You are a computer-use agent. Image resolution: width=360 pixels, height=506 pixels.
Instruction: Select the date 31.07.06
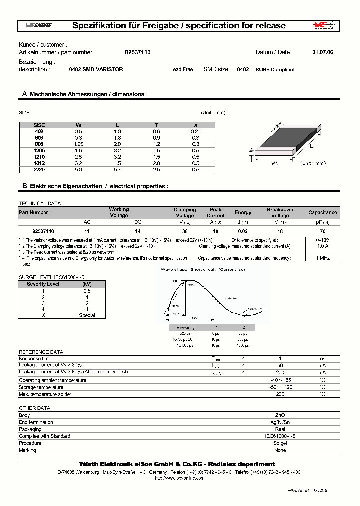(322, 52)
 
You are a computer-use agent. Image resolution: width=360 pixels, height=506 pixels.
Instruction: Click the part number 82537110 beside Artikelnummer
(134, 52)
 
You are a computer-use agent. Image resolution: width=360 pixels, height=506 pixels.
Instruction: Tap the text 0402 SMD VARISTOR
(96, 70)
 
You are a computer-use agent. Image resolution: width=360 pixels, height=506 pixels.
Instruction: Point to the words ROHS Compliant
(275, 70)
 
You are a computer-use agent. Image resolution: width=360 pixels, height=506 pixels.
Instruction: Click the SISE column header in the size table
(39, 125)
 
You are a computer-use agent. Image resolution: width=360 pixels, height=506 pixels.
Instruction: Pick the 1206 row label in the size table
(39, 150)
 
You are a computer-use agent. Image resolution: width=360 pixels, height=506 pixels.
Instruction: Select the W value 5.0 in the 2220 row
(78, 170)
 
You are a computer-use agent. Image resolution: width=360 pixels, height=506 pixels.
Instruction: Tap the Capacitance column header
(322, 213)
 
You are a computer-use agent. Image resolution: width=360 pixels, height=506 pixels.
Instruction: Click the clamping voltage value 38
(185, 232)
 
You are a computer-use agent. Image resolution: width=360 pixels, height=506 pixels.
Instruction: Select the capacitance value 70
(322, 232)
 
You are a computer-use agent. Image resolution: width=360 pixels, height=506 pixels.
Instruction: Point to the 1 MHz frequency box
(322, 258)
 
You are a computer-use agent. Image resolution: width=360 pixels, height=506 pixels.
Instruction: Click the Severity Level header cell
(43, 284)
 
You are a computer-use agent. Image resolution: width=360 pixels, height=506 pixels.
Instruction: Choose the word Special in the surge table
(87, 315)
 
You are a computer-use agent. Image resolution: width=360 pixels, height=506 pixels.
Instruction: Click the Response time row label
(35, 359)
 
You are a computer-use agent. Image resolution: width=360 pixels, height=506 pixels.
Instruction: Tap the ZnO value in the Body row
(280, 415)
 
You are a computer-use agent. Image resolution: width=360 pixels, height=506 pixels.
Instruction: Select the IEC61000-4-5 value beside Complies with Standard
(280, 436)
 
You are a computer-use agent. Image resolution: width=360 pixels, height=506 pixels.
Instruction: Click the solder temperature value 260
(280, 394)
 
